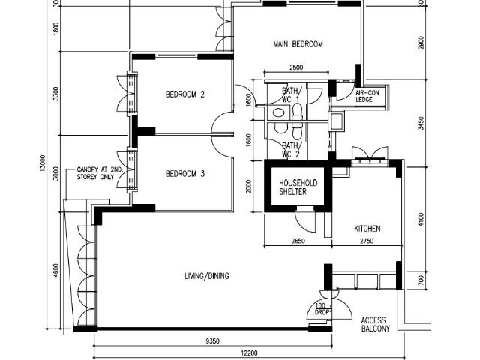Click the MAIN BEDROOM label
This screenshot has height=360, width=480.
(298, 44)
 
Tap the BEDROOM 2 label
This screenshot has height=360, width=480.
(185, 94)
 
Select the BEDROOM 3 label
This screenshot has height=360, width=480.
(185, 174)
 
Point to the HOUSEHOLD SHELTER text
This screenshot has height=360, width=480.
(298, 187)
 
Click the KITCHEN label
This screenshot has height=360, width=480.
(367, 229)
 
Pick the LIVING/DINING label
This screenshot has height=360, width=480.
(207, 276)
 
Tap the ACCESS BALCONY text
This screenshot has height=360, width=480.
(375, 325)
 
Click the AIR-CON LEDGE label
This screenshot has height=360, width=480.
(367, 96)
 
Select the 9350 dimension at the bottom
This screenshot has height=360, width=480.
(212, 341)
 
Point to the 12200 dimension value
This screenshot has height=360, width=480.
(249, 353)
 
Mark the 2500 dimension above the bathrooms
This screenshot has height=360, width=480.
(296, 67)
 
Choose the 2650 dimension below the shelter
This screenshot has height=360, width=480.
(298, 241)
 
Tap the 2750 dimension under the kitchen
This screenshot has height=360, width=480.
(367, 241)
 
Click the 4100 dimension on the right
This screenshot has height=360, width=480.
(421, 220)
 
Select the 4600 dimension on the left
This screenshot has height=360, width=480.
(55, 271)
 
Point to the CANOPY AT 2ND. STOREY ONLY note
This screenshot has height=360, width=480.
(95, 173)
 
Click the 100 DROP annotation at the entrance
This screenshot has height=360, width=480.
(322, 309)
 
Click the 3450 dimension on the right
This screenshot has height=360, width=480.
(421, 123)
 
